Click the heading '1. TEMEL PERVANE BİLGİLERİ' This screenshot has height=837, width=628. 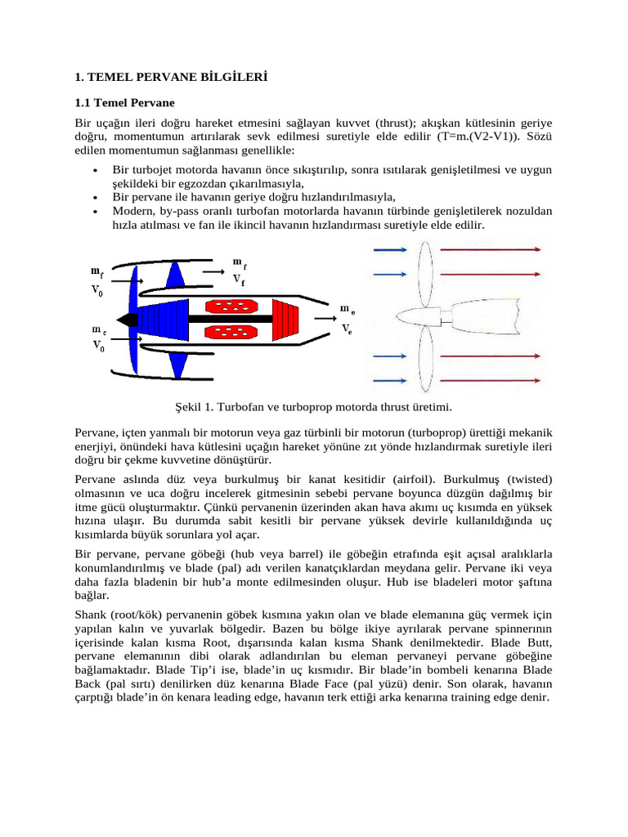(x=171, y=78)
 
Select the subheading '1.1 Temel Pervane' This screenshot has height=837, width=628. (x=124, y=103)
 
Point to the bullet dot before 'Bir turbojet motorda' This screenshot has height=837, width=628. (x=96, y=172)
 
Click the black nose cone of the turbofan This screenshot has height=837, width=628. (x=124, y=317)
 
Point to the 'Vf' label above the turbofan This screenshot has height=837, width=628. (x=239, y=278)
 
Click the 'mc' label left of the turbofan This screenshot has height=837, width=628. (x=96, y=329)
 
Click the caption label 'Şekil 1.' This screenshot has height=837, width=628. (x=194, y=406)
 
